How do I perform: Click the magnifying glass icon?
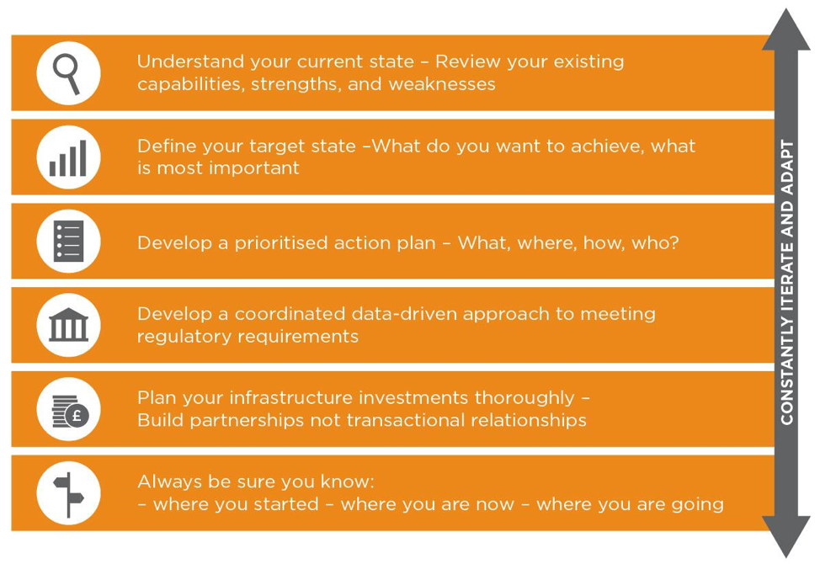pos(67,74)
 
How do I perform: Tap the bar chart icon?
pos(68,158)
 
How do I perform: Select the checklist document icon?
pos(68,241)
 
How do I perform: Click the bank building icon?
pos(68,325)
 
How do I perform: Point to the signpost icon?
pos(68,494)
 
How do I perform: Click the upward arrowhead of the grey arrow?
pos(786,30)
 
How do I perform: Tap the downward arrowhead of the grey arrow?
pos(786,536)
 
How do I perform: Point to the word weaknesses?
pos(442,84)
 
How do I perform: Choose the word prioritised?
pos(282,243)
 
